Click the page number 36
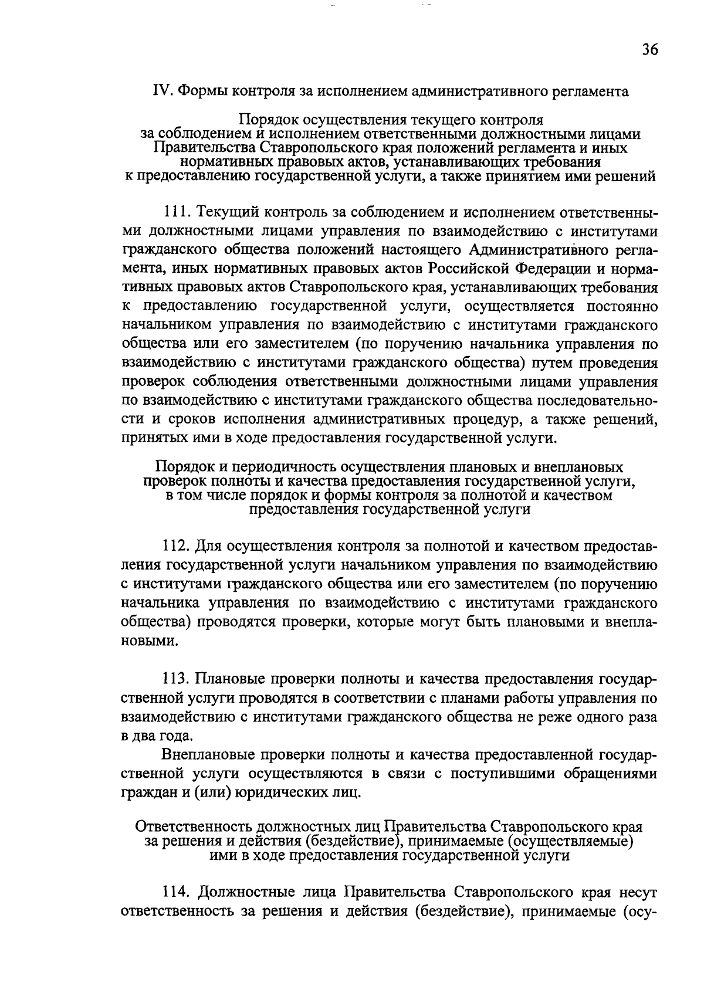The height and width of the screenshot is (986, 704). pyautogui.click(x=649, y=49)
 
